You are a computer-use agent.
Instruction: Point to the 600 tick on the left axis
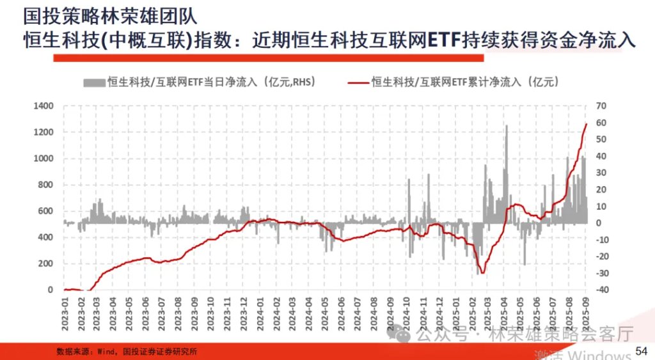(x=45, y=211)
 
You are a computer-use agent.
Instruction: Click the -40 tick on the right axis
(x=603, y=290)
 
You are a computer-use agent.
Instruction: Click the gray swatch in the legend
(x=94, y=82)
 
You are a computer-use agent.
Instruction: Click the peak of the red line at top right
(x=587, y=124)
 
